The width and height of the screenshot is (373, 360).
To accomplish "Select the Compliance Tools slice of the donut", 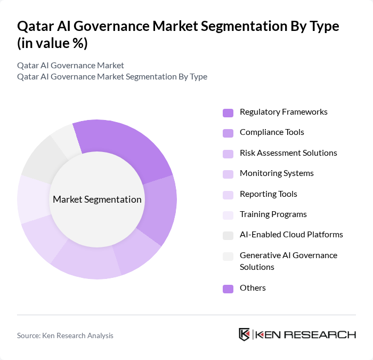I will (x=160, y=208).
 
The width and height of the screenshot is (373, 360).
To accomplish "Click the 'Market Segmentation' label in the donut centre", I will (x=97, y=199).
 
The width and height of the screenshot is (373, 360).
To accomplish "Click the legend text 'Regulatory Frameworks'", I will (x=283, y=112).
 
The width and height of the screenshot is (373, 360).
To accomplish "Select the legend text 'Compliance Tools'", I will (x=272, y=132).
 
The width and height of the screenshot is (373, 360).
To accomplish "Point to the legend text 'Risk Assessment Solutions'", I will (x=288, y=153).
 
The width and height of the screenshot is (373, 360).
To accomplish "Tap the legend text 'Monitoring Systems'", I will (x=277, y=173).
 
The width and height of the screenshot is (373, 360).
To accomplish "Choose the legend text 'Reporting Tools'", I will (x=268, y=194).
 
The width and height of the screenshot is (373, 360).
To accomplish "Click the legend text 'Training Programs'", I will (x=273, y=214).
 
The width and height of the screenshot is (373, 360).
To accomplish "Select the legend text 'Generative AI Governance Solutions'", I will (x=288, y=261).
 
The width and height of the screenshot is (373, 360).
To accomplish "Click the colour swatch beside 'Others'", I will (x=228, y=289).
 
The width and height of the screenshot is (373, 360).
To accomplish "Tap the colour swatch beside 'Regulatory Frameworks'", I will (x=228, y=113).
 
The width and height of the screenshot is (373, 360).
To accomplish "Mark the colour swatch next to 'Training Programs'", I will (x=228, y=214).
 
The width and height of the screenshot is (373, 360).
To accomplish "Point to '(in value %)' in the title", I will (x=52, y=44).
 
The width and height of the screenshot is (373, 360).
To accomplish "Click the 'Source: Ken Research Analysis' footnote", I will (x=65, y=335).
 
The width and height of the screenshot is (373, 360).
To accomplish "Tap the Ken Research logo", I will (x=297, y=334).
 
